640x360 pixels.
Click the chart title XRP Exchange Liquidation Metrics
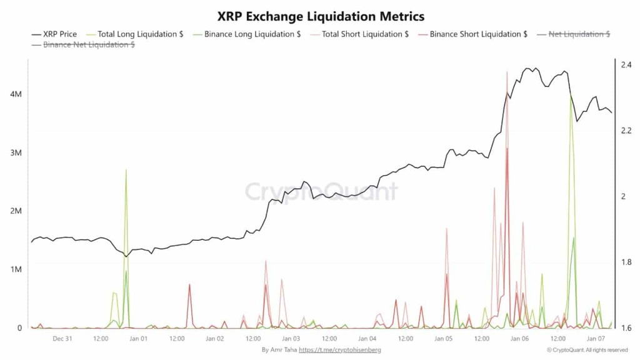pyautogui.click(x=320, y=15)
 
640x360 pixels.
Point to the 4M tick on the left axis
pyautogui.click(x=16, y=94)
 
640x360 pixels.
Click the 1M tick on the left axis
pyautogui.click(x=16, y=269)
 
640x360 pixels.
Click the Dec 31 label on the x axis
pyautogui.click(x=62, y=339)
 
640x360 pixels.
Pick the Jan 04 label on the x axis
pyautogui.click(x=367, y=339)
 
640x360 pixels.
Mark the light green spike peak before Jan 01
pyautogui.click(x=126, y=169)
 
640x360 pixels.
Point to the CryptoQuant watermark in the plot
pyautogui.click(x=320, y=191)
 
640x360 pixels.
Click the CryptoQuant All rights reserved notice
pyautogui.click(x=587, y=350)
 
